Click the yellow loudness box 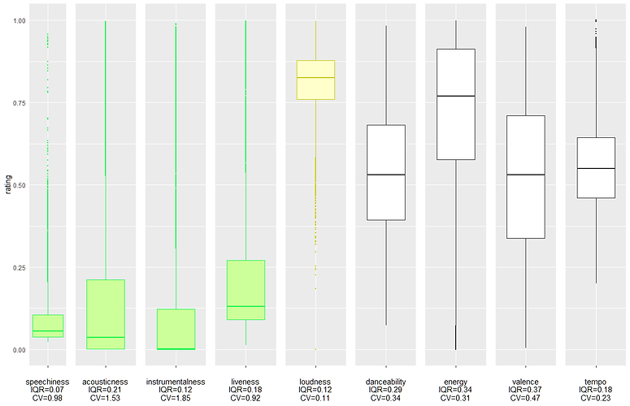pyautogui.click(x=315, y=80)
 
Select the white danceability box pyautogui.click(x=385, y=172)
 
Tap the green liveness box pyautogui.click(x=245, y=290)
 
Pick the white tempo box pyautogui.click(x=596, y=167)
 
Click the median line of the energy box pyautogui.click(x=455, y=96)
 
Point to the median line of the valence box pyautogui.click(x=525, y=175)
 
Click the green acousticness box pyautogui.click(x=105, y=314)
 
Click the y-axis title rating pyautogui.click(x=7, y=185)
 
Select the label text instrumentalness pyautogui.click(x=176, y=380)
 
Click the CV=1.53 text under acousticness pyautogui.click(x=105, y=398)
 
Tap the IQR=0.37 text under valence pyautogui.click(x=525, y=389)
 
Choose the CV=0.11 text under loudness pyautogui.click(x=315, y=398)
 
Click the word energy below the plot pyautogui.click(x=455, y=380)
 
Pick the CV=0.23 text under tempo pyautogui.click(x=596, y=398)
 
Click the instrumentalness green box pyautogui.click(x=176, y=328)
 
